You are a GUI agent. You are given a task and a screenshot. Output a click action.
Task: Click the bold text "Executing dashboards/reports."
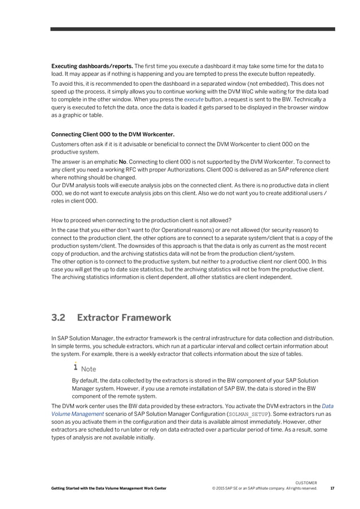click(x=92, y=66)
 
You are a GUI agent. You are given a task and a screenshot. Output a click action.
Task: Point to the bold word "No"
click(x=123, y=162)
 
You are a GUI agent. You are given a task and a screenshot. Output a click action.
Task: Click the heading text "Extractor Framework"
click(x=124, y=318)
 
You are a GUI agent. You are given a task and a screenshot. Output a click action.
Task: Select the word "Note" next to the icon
click(x=89, y=369)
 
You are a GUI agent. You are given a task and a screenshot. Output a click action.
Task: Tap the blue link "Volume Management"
click(x=74, y=414)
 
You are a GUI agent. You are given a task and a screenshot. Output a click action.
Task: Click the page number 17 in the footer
click(x=332, y=488)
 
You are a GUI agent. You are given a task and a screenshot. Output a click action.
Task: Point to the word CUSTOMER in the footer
click(x=306, y=482)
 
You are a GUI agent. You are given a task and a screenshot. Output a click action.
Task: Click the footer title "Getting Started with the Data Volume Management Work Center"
click(x=109, y=488)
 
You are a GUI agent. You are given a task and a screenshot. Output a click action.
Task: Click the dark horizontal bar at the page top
click(x=192, y=29)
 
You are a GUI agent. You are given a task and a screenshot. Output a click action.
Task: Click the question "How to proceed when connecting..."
click(x=141, y=220)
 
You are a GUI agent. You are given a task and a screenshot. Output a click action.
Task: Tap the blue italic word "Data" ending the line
click(x=327, y=406)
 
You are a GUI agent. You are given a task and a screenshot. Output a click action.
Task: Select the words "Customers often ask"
click(x=77, y=144)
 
